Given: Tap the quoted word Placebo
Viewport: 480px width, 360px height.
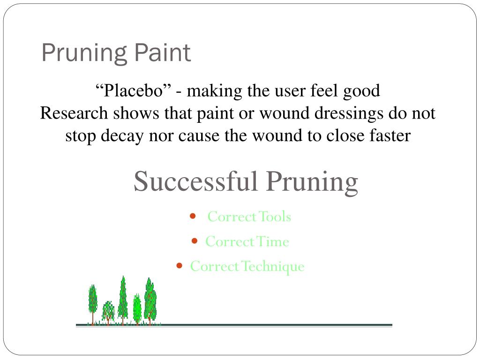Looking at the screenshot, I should pos(133,90).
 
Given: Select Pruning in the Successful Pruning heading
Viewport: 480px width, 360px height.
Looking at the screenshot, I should pos(313,181).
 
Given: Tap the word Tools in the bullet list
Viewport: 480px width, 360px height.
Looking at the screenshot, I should pos(275,217).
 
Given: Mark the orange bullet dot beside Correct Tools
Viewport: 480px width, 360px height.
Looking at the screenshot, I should pos(193,216).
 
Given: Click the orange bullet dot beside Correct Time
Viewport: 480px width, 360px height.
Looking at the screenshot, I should pos(195,241).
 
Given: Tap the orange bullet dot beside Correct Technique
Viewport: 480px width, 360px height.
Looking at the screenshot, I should pos(179,266).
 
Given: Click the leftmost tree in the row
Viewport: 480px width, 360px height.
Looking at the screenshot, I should pos(93,302).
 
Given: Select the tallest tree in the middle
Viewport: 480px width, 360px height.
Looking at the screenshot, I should pos(123,300).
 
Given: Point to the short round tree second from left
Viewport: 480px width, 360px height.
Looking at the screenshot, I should pos(108,311).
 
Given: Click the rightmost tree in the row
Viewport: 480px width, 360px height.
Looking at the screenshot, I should pos(150,300).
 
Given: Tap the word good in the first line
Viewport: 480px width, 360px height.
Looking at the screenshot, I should pos(361,90).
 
